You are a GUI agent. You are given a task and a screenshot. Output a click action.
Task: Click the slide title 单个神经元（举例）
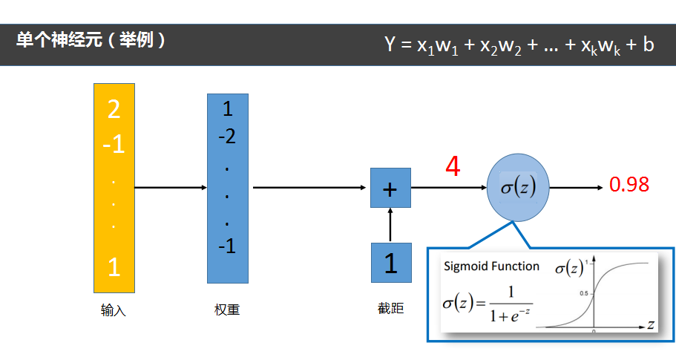(x=91, y=40)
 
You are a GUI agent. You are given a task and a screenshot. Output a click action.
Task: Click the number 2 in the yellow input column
(x=114, y=110)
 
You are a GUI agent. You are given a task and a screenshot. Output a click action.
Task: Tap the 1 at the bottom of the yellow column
(x=114, y=267)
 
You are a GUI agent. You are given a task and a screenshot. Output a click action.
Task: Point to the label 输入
(x=114, y=311)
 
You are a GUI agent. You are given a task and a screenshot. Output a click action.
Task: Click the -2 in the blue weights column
(x=227, y=137)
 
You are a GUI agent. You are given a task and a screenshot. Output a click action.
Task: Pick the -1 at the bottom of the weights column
(x=227, y=246)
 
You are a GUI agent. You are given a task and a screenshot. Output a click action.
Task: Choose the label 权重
(x=227, y=311)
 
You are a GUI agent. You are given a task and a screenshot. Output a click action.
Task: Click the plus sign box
(x=390, y=188)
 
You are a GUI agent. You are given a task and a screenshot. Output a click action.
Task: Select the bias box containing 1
(x=390, y=263)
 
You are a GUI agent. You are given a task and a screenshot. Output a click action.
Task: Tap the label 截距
(x=390, y=308)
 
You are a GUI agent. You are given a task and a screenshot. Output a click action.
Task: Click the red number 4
(x=453, y=167)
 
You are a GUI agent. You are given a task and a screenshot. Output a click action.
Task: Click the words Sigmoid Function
(x=491, y=266)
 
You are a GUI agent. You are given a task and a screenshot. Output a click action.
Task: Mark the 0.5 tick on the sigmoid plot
(x=584, y=294)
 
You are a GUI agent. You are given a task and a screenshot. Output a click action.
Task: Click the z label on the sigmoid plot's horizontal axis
(x=650, y=324)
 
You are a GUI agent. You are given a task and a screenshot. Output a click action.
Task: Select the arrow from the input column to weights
(x=171, y=188)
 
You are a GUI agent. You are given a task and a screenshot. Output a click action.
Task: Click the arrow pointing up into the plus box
(x=390, y=225)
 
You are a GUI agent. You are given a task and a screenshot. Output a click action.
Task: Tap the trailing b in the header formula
(x=648, y=45)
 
